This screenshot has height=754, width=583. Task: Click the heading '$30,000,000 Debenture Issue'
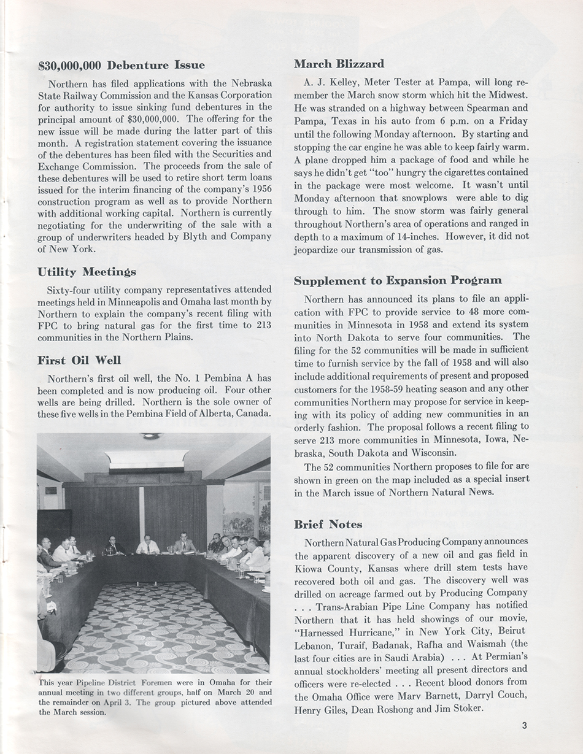point(121,65)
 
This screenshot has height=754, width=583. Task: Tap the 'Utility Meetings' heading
point(87,271)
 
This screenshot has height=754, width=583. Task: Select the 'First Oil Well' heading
point(79,360)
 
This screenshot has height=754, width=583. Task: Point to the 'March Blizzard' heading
point(339,64)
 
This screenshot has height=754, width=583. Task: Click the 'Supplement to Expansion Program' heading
point(398,280)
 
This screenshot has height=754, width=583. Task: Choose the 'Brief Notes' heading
point(328,524)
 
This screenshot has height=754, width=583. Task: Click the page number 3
point(525,725)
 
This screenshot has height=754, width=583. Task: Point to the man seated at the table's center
point(147,544)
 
